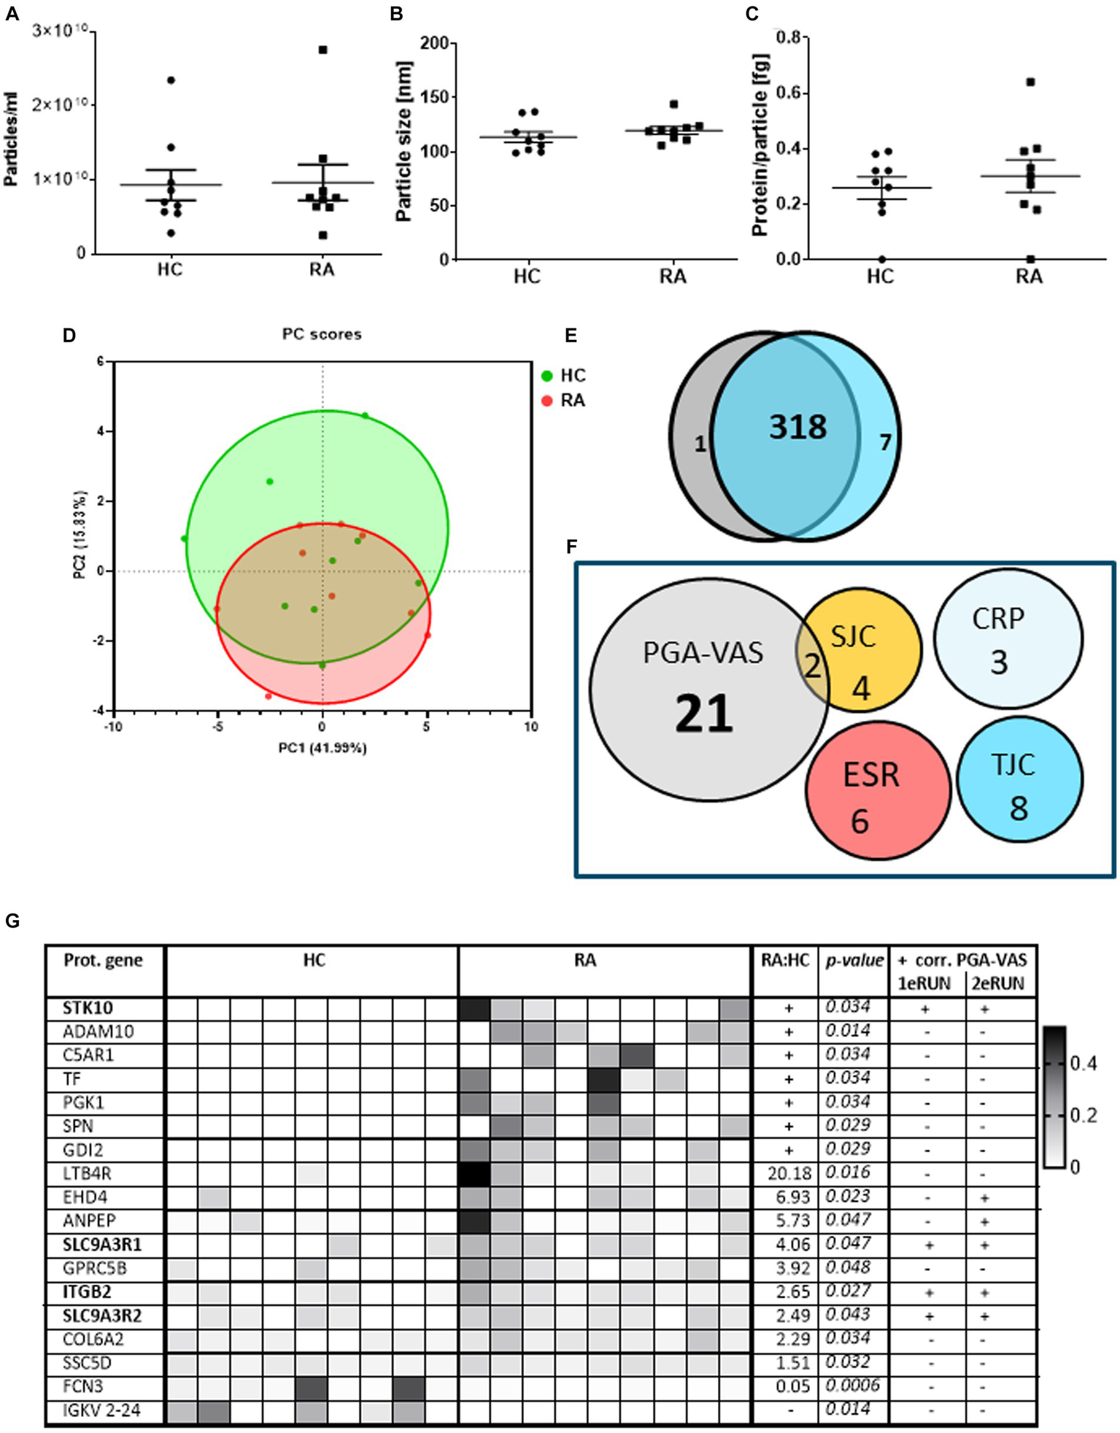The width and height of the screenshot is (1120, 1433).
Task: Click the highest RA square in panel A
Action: [323, 50]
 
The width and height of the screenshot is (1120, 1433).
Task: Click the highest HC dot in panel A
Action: [171, 80]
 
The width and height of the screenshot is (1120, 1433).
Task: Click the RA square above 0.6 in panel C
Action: [1030, 82]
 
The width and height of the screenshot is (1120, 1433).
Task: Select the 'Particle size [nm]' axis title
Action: [403, 141]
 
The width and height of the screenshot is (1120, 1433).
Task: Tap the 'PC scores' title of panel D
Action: [322, 334]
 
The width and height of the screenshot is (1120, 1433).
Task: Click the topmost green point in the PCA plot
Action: [366, 416]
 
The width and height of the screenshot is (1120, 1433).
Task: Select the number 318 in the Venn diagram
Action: [797, 427]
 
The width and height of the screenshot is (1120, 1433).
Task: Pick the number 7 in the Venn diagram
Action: [885, 442]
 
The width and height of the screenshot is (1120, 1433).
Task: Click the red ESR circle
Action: [878, 789]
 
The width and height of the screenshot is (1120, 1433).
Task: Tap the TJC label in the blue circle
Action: [1013, 765]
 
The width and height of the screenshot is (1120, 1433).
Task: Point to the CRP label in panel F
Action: [998, 619]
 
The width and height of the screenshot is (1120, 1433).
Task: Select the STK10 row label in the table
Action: [88, 1008]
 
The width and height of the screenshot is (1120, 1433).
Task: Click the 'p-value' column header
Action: [854, 960]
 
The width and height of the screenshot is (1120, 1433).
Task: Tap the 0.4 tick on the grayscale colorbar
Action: [1083, 1064]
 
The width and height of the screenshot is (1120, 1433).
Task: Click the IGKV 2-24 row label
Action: [101, 1410]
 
